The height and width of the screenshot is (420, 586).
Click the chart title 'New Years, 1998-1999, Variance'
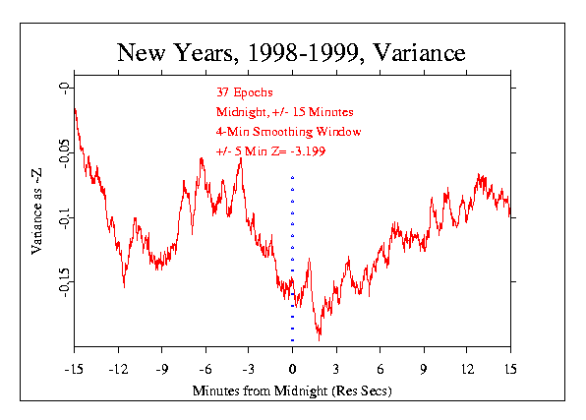[x=291, y=53]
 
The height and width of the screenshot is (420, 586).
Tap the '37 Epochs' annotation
[x=245, y=92]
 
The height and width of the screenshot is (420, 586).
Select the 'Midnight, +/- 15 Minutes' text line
[x=285, y=112]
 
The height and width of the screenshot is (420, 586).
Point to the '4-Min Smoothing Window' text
[x=288, y=132]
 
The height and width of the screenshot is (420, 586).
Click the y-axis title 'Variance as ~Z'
[x=36, y=211]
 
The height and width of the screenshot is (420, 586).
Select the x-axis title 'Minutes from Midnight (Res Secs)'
[x=292, y=390]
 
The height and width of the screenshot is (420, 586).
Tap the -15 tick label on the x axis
[x=74, y=370]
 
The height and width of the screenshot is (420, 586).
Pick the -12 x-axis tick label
[x=118, y=370]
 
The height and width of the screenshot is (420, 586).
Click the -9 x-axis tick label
[x=162, y=370]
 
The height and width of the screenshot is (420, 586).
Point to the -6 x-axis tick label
[x=205, y=370]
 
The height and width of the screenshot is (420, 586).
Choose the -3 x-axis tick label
[x=249, y=370]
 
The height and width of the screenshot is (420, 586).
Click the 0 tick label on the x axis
[x=293, y=370]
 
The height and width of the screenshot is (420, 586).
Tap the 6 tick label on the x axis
[x=381, y=370]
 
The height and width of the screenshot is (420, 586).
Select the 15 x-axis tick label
[x=510, y=370]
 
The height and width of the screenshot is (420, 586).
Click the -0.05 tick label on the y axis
[x=64, y=153]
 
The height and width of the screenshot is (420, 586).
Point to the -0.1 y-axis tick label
[x=64, y=218]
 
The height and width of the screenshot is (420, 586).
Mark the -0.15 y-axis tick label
[x=64, y=282]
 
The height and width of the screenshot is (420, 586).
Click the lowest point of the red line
[x=320, y=340]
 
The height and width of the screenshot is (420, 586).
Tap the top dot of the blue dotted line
[x=293, y=177]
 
